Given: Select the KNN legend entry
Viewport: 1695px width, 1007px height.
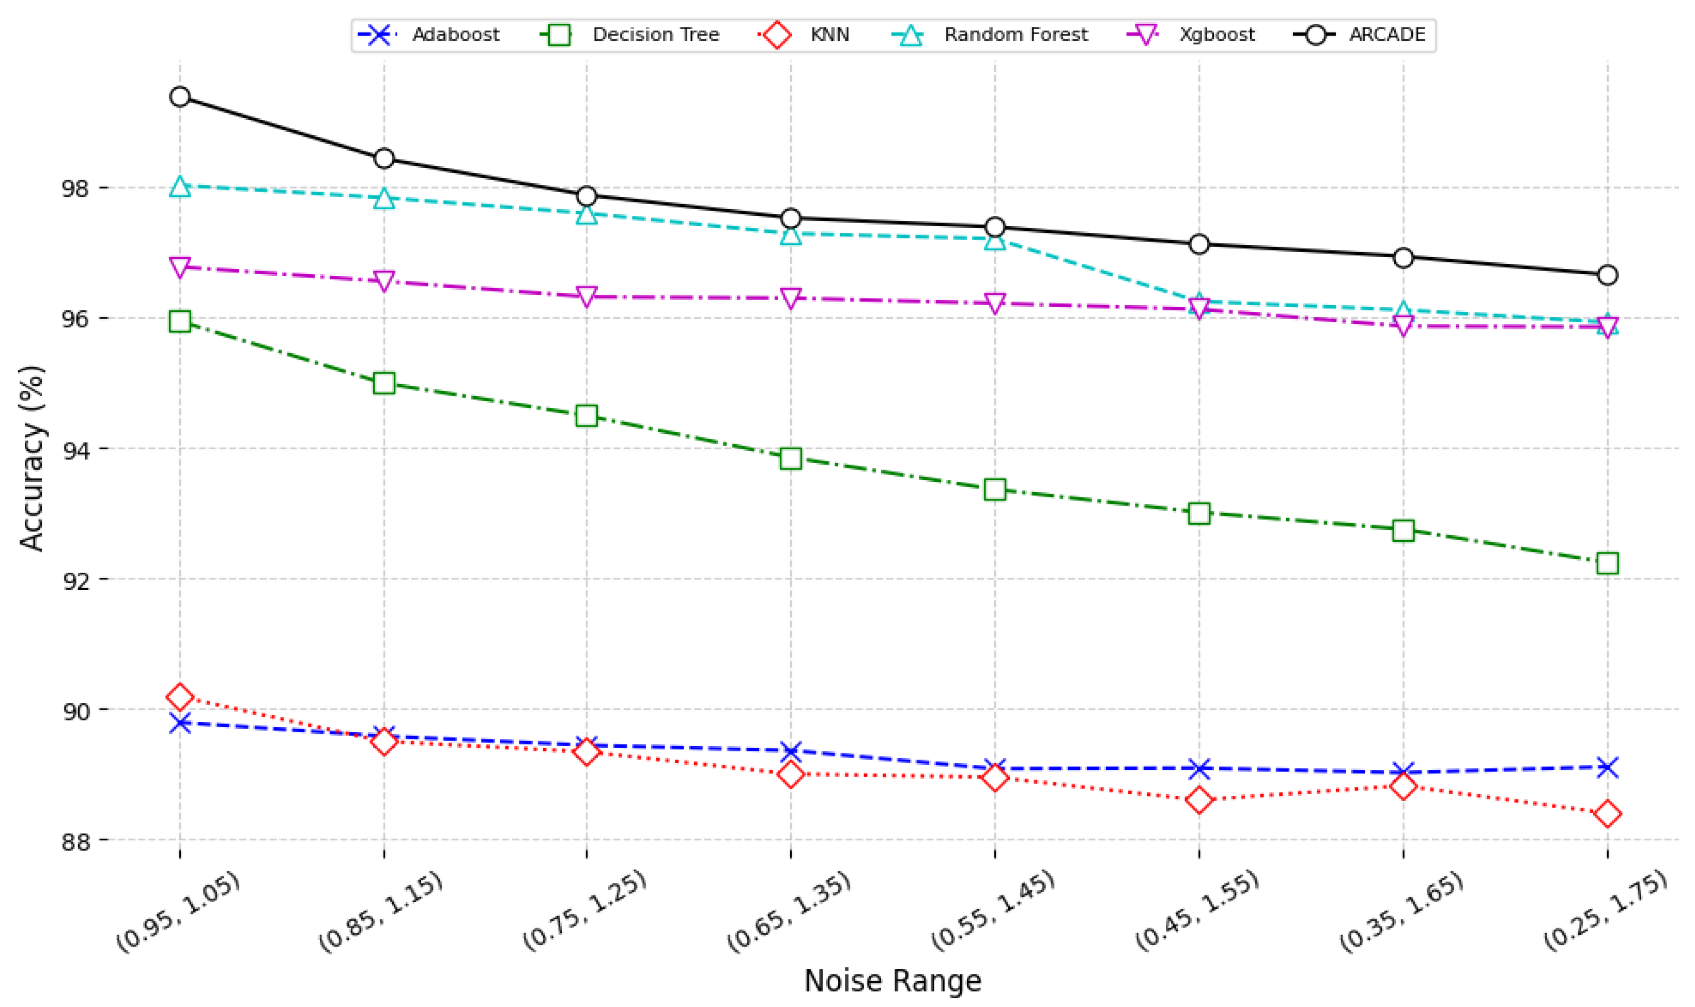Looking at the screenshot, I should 829,35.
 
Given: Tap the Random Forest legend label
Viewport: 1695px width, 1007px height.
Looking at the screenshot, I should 1015,35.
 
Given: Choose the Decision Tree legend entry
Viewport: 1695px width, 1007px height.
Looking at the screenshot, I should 655,35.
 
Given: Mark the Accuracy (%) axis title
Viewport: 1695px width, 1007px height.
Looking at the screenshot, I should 31,458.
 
